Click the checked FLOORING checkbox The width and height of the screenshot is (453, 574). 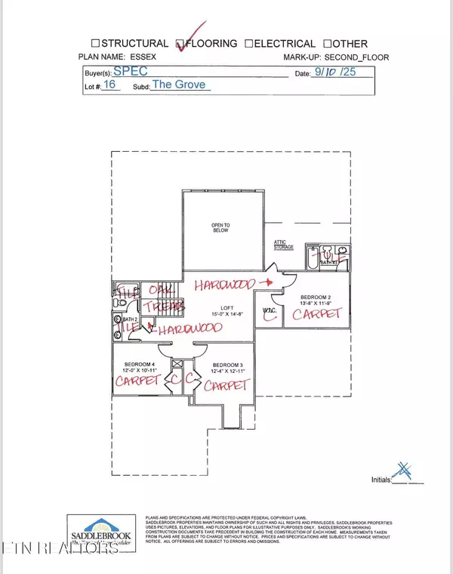180,44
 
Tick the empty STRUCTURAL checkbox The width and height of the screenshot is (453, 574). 96,44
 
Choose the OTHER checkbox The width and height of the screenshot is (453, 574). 328,44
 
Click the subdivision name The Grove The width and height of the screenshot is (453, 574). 180,85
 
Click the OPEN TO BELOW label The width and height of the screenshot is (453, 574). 220,227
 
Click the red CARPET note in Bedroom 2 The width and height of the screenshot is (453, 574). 318,314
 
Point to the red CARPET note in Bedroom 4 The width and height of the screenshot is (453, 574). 138,382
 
